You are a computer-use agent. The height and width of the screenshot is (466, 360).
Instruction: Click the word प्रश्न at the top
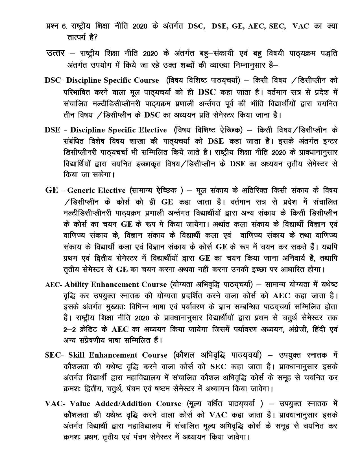pyautogui.click(x=52, y=26)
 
